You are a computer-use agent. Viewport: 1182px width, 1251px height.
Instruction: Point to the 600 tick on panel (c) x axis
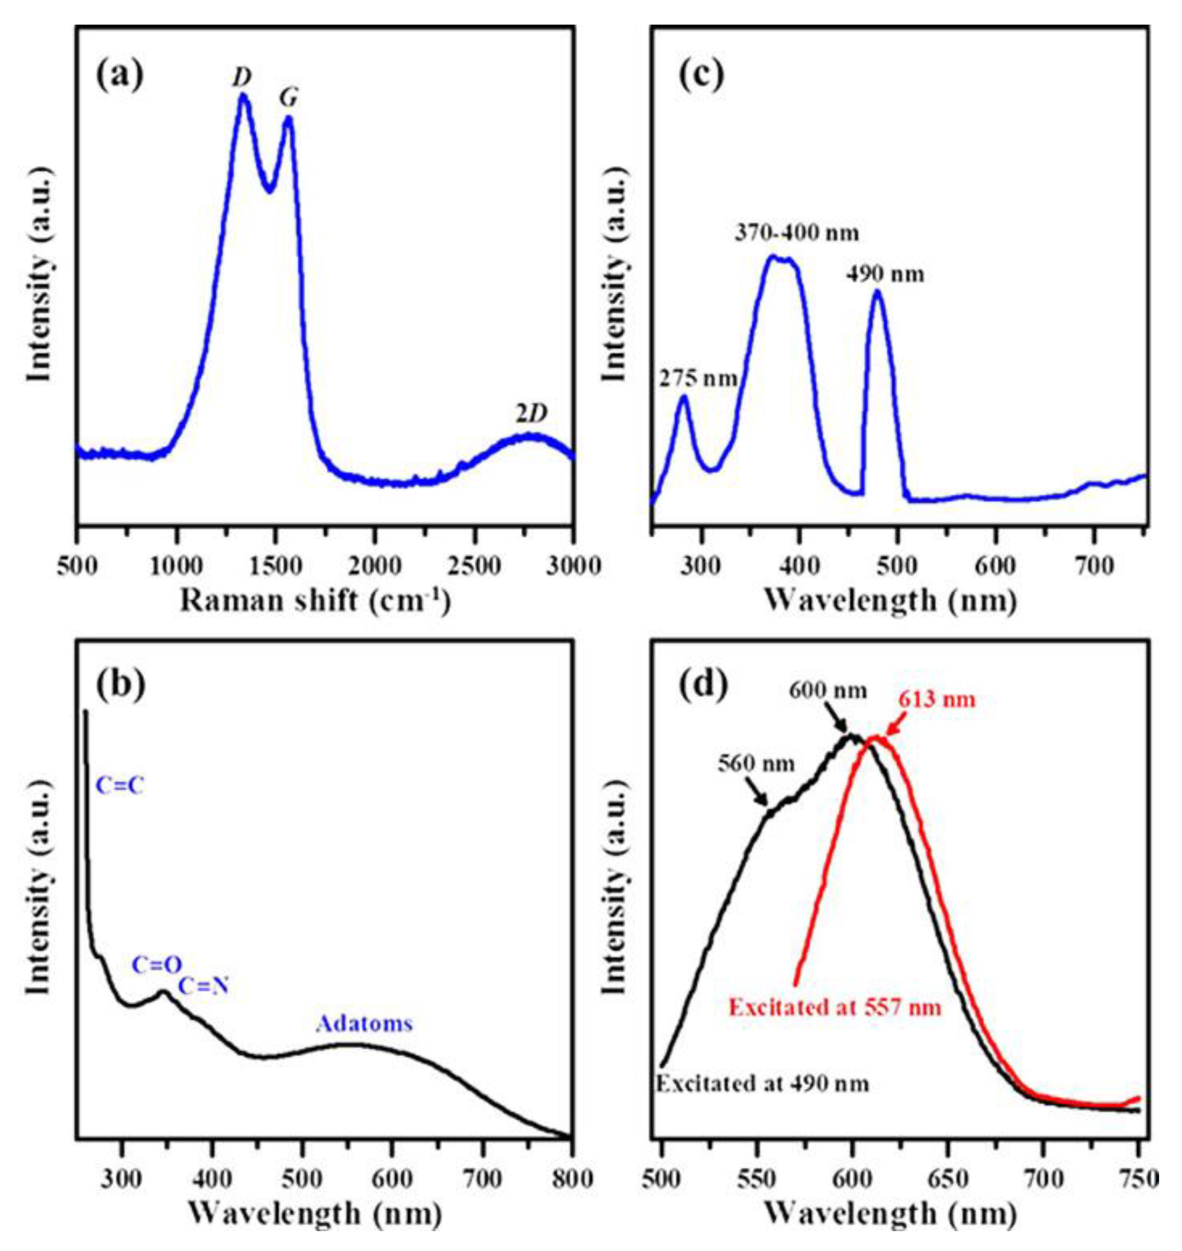click(995, 566)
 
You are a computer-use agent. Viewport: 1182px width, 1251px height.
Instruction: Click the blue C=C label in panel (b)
click(120, 786)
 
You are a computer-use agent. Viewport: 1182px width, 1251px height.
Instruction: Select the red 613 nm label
click(936, 700)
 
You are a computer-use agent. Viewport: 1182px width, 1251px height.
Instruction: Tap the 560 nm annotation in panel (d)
click(756, 764)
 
